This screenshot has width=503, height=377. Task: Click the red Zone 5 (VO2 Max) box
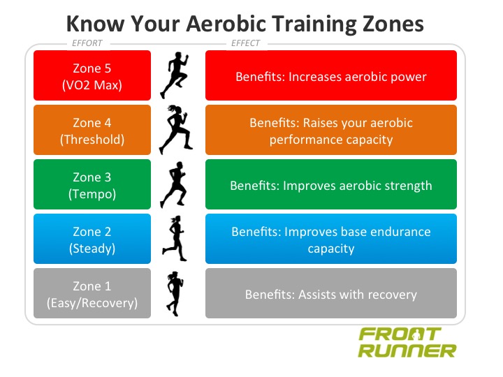(92, 75)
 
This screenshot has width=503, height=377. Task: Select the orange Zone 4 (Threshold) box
(92, 130)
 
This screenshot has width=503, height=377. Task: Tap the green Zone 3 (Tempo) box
(92, 185)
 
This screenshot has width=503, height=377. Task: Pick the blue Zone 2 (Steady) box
(92, 239)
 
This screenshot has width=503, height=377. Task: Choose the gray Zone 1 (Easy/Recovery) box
(92, 294)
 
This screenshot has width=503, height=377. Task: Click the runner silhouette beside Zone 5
(174, 76)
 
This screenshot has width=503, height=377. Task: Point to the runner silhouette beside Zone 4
(174, 130)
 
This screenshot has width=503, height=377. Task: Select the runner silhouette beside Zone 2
(173, 239)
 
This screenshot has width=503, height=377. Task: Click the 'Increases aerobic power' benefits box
(330, 75)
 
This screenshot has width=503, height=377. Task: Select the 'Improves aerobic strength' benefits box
(330, 185)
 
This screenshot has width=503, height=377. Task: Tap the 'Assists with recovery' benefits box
(330, 294)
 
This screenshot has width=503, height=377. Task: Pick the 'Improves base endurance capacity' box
(330, 239)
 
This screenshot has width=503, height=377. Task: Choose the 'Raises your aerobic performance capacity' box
(330, 130)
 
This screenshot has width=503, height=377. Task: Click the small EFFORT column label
(87, 43)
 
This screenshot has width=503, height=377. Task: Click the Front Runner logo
(407, 342)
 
